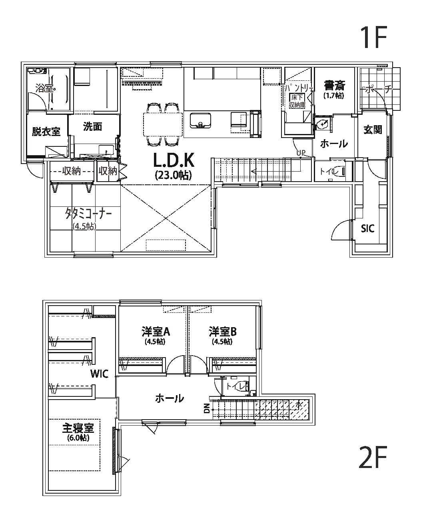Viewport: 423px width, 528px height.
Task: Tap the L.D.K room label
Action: (x=174, y=160)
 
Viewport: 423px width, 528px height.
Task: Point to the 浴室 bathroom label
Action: (x=45, y=88)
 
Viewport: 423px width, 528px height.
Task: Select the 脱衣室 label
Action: (x=46, y=132)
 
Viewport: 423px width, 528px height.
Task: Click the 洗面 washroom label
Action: (x=92, y=127)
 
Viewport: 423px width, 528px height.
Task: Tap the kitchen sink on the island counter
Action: (x=200, y=120)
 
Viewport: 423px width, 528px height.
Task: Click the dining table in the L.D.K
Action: (x=163, y=124)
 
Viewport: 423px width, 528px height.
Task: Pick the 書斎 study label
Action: (x=335, y=86)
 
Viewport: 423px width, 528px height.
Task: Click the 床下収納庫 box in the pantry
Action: (x=297, y=101)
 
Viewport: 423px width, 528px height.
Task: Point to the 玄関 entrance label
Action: (x=373, y=130)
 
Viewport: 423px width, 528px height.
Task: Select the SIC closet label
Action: (x=367, y=229)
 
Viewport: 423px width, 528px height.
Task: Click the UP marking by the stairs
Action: (x=301, y=153)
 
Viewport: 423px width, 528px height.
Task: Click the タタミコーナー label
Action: (x=88, y=214)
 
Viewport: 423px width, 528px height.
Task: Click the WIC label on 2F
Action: (x=99, y=374)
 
